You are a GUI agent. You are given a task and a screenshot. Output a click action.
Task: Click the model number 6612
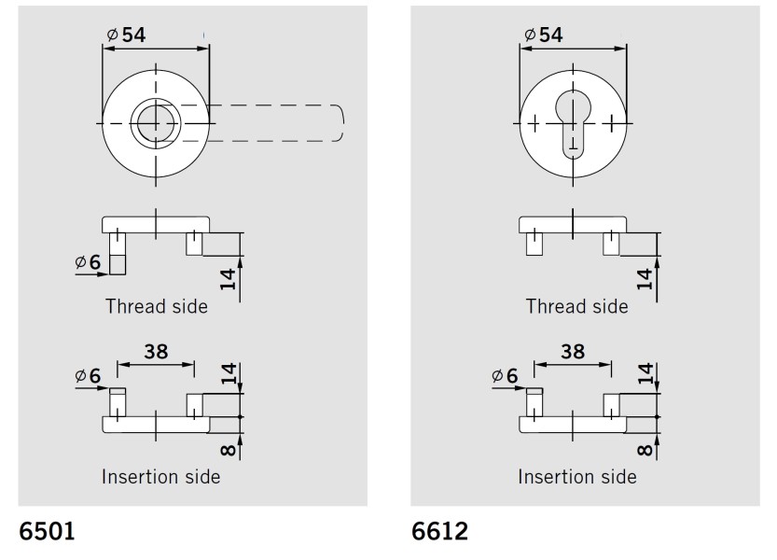point(439,532)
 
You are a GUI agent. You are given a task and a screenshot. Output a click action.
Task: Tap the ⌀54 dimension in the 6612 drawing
point(544,35)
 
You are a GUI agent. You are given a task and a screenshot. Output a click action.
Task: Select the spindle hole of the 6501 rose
point(155,124)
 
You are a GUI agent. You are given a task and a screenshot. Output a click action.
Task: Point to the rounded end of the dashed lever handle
point(340,124)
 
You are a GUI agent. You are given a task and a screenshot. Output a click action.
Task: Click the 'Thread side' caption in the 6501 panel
point(157,306)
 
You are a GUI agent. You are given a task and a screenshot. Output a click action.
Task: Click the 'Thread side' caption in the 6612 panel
point(576,306)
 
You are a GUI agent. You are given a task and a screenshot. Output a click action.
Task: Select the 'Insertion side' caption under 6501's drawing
point(160,477)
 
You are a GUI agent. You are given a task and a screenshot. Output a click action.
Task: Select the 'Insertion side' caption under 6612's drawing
point(577,477)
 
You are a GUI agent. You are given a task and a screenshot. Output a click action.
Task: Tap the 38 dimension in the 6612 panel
point(572,352)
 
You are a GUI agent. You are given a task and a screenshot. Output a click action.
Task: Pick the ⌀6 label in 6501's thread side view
point(88,262)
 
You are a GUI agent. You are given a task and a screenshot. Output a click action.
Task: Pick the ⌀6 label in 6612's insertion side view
point(505,376)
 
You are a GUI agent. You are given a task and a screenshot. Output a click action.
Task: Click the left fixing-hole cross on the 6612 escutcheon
point(534,124)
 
